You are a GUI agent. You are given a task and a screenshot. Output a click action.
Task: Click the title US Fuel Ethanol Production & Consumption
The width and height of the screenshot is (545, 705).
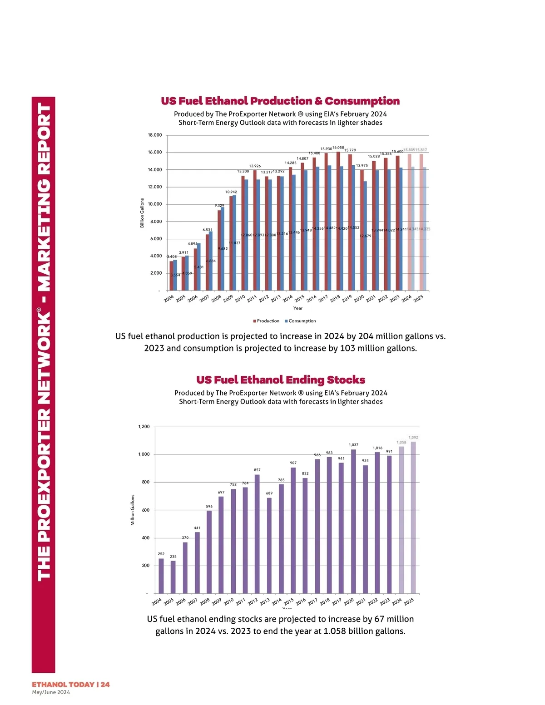point(280,101)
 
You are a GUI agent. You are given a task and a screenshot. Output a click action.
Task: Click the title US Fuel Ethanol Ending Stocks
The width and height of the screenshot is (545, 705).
point(281,380)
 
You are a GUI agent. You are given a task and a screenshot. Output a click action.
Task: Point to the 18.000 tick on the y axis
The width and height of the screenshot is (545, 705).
point(154,135)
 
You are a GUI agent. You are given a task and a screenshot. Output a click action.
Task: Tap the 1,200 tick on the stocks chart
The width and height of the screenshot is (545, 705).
point(144,427)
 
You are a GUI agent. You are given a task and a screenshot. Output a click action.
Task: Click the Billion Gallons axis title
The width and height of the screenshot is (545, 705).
point(142,213)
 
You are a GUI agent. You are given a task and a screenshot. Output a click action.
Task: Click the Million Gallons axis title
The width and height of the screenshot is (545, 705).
point(133,510)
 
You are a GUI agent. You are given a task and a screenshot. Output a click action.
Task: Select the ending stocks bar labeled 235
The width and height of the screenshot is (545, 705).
point(173,577)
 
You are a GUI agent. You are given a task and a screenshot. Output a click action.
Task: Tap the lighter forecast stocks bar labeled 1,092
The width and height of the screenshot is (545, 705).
point(413,518)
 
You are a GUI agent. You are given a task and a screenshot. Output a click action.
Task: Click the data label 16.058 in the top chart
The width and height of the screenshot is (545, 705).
point(338,148)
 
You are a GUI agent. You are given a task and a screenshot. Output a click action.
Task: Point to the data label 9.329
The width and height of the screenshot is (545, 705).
point(219,206)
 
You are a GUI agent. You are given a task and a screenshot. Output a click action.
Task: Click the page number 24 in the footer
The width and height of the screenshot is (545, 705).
point(105,685)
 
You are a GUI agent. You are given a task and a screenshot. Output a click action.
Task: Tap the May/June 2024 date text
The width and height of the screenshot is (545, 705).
point(51,692)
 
